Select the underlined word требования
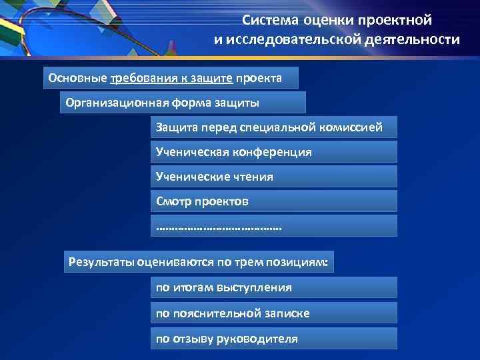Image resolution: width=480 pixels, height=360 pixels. tap(139, 78)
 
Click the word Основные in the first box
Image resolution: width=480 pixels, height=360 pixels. tap(77, 78)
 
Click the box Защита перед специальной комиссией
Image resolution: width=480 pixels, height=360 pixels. tap(273, 127)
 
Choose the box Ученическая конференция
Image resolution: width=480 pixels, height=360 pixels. tap(273, 152)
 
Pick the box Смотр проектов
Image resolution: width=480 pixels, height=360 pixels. tap(273, 201)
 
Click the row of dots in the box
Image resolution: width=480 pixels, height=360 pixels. tap(219, 227)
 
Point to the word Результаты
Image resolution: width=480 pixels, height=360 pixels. tap(101, 262)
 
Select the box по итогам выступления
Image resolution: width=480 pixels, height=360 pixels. tap(273, 287)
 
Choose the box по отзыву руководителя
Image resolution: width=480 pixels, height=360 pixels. tap(273, 338)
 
